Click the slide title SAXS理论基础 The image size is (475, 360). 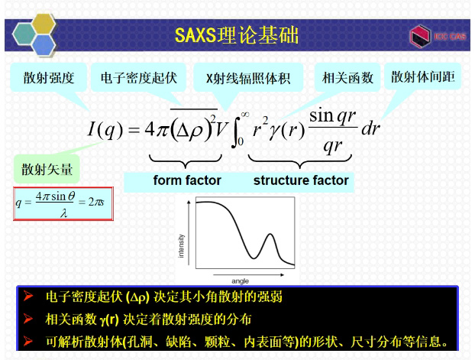tap(237, 35)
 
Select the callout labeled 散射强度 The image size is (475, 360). tap(48, 78)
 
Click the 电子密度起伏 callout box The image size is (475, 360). tap(138, 78)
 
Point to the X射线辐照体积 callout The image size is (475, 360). tap(248, 78)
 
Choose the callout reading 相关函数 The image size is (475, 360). tap(347, 78)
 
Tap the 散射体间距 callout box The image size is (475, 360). tap(423, 76)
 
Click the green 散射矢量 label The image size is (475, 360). tap(47, 169)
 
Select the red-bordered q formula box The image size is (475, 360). tap(63, 203)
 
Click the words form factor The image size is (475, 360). tap(187, 180)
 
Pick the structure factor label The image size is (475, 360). tap(301, 180)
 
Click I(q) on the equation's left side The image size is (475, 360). tap(105, 129)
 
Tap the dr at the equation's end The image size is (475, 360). tap(370, 128)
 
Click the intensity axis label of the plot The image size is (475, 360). tap(181, 245)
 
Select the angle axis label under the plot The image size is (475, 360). tap(241, 281)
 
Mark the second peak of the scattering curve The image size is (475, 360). tap(270, 234)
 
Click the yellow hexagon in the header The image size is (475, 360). tap(44, 24)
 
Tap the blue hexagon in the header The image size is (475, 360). tap(44, 44)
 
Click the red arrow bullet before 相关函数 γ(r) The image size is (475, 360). tap(27, 319)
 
